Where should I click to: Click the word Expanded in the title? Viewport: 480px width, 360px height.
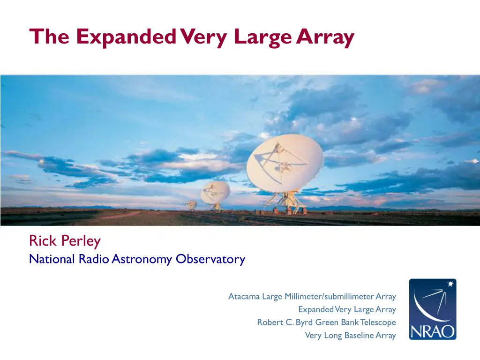126,37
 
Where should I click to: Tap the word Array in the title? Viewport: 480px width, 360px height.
325,37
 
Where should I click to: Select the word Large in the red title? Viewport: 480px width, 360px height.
263,37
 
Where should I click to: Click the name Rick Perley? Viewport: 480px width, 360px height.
65,241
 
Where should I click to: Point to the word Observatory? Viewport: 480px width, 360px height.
210,259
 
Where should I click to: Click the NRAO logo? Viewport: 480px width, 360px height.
433,309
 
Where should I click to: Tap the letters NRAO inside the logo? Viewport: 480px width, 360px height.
433,331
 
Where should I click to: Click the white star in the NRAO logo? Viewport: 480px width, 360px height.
450,284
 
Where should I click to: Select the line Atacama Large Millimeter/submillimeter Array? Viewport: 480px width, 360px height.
312,297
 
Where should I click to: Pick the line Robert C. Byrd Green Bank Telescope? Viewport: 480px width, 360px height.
326,322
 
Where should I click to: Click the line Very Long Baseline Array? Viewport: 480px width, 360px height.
351,336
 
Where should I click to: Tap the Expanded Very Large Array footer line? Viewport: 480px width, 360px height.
347,309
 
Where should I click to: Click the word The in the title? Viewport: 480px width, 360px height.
49,37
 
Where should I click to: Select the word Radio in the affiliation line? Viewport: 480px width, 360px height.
94,259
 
